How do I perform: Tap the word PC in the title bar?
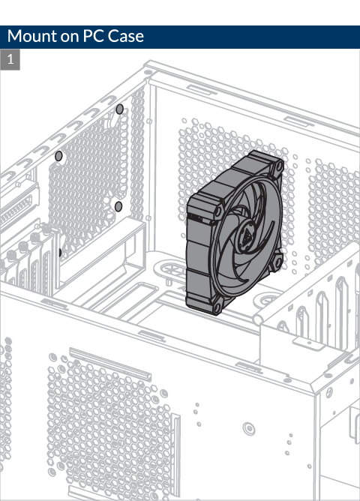coord(93,36)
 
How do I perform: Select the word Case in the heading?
coord(125,36)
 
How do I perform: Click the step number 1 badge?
coord(10,59)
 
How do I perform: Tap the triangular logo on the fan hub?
coord(246,236)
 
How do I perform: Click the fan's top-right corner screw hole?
coord(279,166)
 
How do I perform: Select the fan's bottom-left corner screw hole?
coord(217,307)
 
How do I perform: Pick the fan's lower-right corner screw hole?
coord(278,262)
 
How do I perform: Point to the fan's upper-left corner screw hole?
coord(218,211)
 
